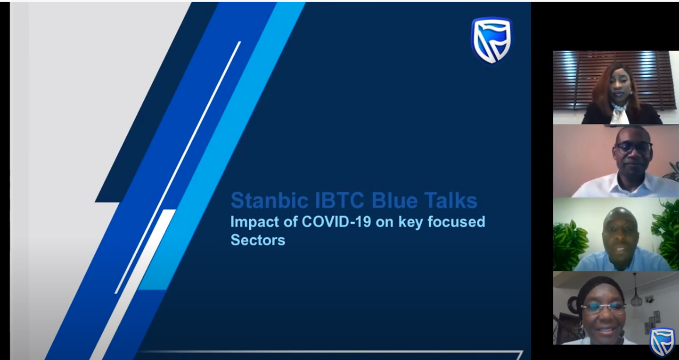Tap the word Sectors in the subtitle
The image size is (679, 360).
click(x=257, y=239)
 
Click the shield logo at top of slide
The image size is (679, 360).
click(x=491, y=40)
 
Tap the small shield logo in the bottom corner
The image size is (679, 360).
click(x=662, y=341)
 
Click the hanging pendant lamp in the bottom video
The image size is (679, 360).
click(x=636, y=295)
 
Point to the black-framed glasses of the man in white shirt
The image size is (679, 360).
click(x=633, y=148)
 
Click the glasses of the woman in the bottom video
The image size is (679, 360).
click(x=603, y=308)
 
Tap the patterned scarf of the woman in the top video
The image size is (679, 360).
click(x=620, y=114)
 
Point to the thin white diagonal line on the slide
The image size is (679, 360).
click(x=178, y=167)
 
